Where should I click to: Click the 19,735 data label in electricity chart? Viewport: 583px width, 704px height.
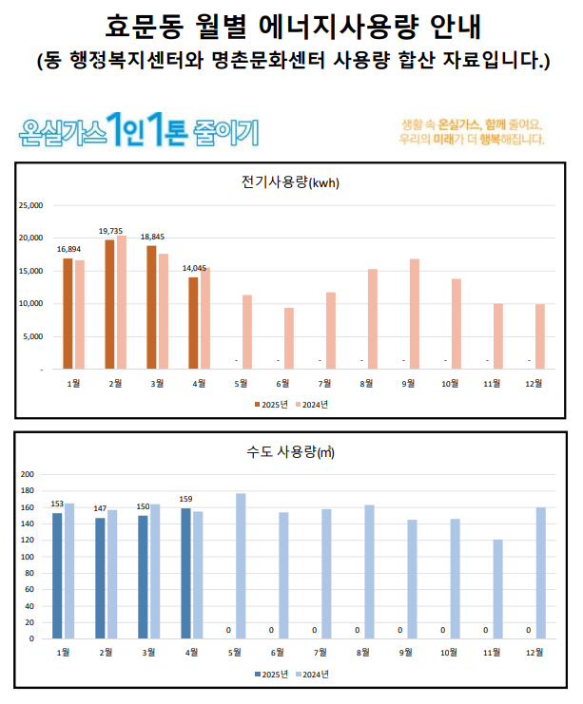tap(110, 231)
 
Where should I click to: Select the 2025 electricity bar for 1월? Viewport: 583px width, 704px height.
tap(68, 313)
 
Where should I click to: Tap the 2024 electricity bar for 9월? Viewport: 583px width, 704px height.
tap(414, 314)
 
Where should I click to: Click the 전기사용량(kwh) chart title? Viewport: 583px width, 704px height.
tap(291, 182)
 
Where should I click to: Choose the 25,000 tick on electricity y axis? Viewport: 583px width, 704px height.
tap(32, 205)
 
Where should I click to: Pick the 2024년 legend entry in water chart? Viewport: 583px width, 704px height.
tap(313, 674)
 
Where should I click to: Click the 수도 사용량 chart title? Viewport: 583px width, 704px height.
tap(291, 452)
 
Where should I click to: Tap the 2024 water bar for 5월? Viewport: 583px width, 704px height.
tap(241, 565)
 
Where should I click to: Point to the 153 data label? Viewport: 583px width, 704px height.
tap(57, 504)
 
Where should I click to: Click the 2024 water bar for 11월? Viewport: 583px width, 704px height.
tap(497, 588)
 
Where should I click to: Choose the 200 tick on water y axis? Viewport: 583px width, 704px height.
tap(28, 474)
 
